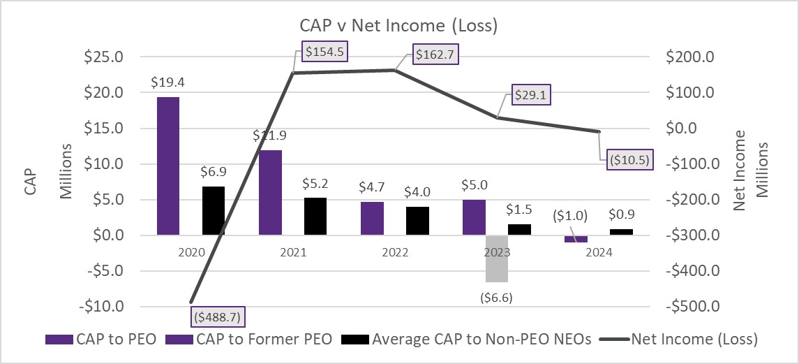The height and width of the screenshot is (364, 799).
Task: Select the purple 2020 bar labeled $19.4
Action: click(167, 166)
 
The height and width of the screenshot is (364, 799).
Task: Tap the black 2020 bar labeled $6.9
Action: click(214, 210)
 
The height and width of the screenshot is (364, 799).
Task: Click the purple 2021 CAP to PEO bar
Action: click(270, 192)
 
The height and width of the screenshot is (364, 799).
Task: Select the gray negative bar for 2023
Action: click(497, 258)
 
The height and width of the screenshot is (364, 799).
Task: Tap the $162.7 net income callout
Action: click(436, 54)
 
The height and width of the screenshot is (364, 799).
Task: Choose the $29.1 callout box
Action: click(530, 95)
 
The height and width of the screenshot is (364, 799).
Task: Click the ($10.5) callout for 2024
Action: click(629, 159)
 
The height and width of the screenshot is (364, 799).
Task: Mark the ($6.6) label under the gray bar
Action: click(497, 297)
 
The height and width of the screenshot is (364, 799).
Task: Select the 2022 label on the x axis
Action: click(394, 253)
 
